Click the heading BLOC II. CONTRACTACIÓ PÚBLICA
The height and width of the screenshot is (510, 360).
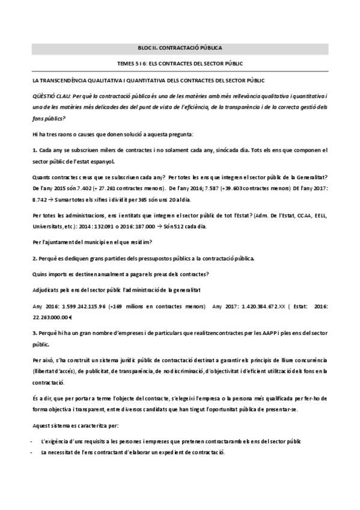click(x=180, y=47)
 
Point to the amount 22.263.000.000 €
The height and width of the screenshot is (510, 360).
click(x=52, y=316)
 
